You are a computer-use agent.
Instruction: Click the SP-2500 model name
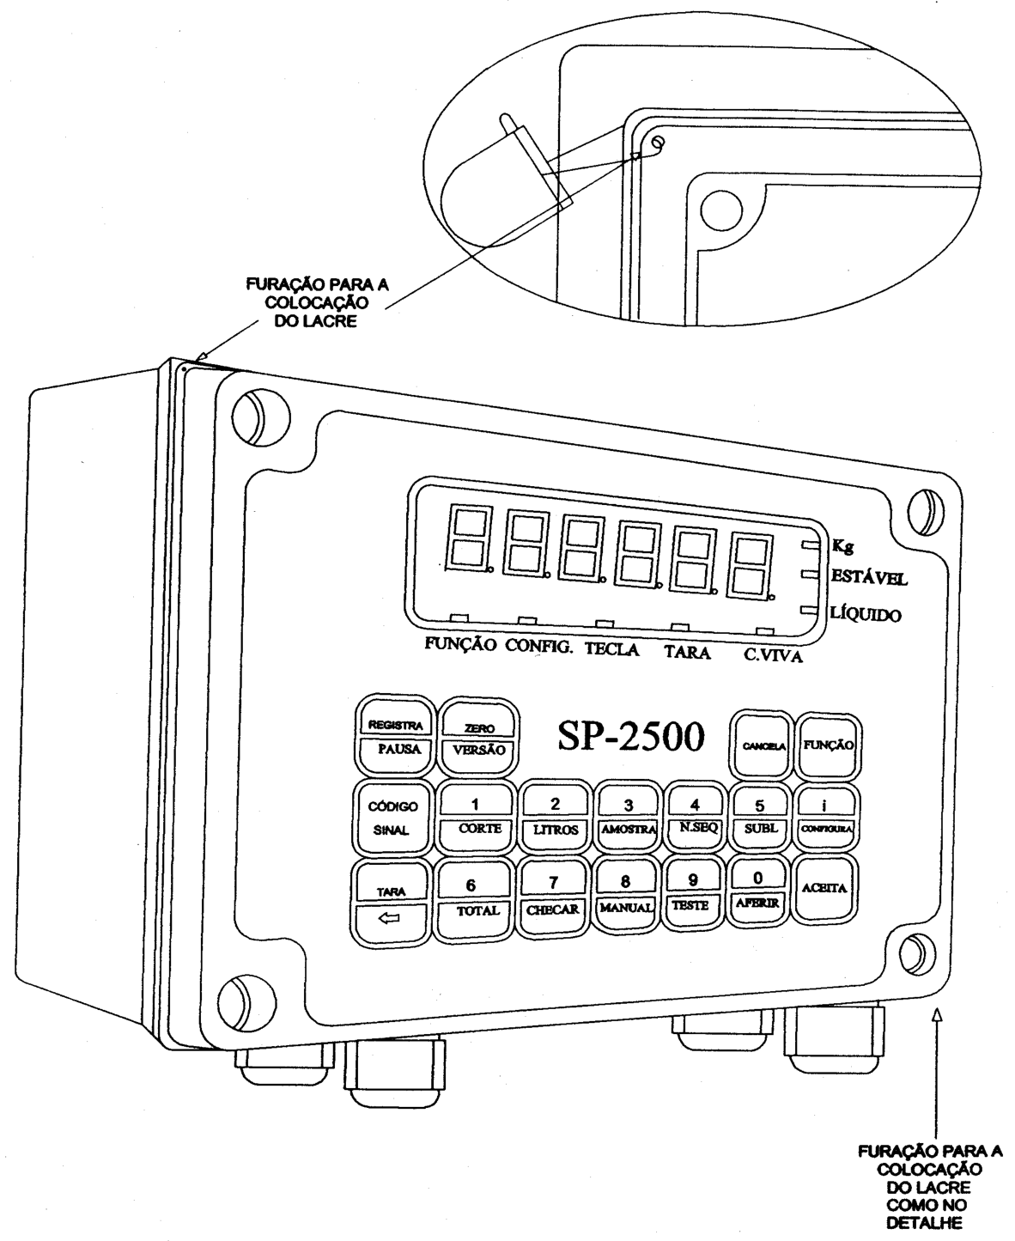[x=631, y=736]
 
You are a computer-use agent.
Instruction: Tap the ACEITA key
[x=824, y=888]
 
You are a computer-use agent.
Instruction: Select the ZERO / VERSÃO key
[x=479, y=739]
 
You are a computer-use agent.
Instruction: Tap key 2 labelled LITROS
[x=555, y=818]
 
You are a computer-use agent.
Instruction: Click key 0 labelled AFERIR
[x=758, y=891]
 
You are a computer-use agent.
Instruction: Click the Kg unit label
[x=842, y=546]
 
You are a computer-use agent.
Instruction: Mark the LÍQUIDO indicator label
[x=866, y=614]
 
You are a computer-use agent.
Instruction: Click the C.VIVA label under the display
[x=773, y=654]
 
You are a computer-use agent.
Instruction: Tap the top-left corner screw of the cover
[x=261, y=417]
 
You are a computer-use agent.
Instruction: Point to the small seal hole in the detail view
[x=658, y=142]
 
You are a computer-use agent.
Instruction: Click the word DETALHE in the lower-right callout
[x=924, y=1223]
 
